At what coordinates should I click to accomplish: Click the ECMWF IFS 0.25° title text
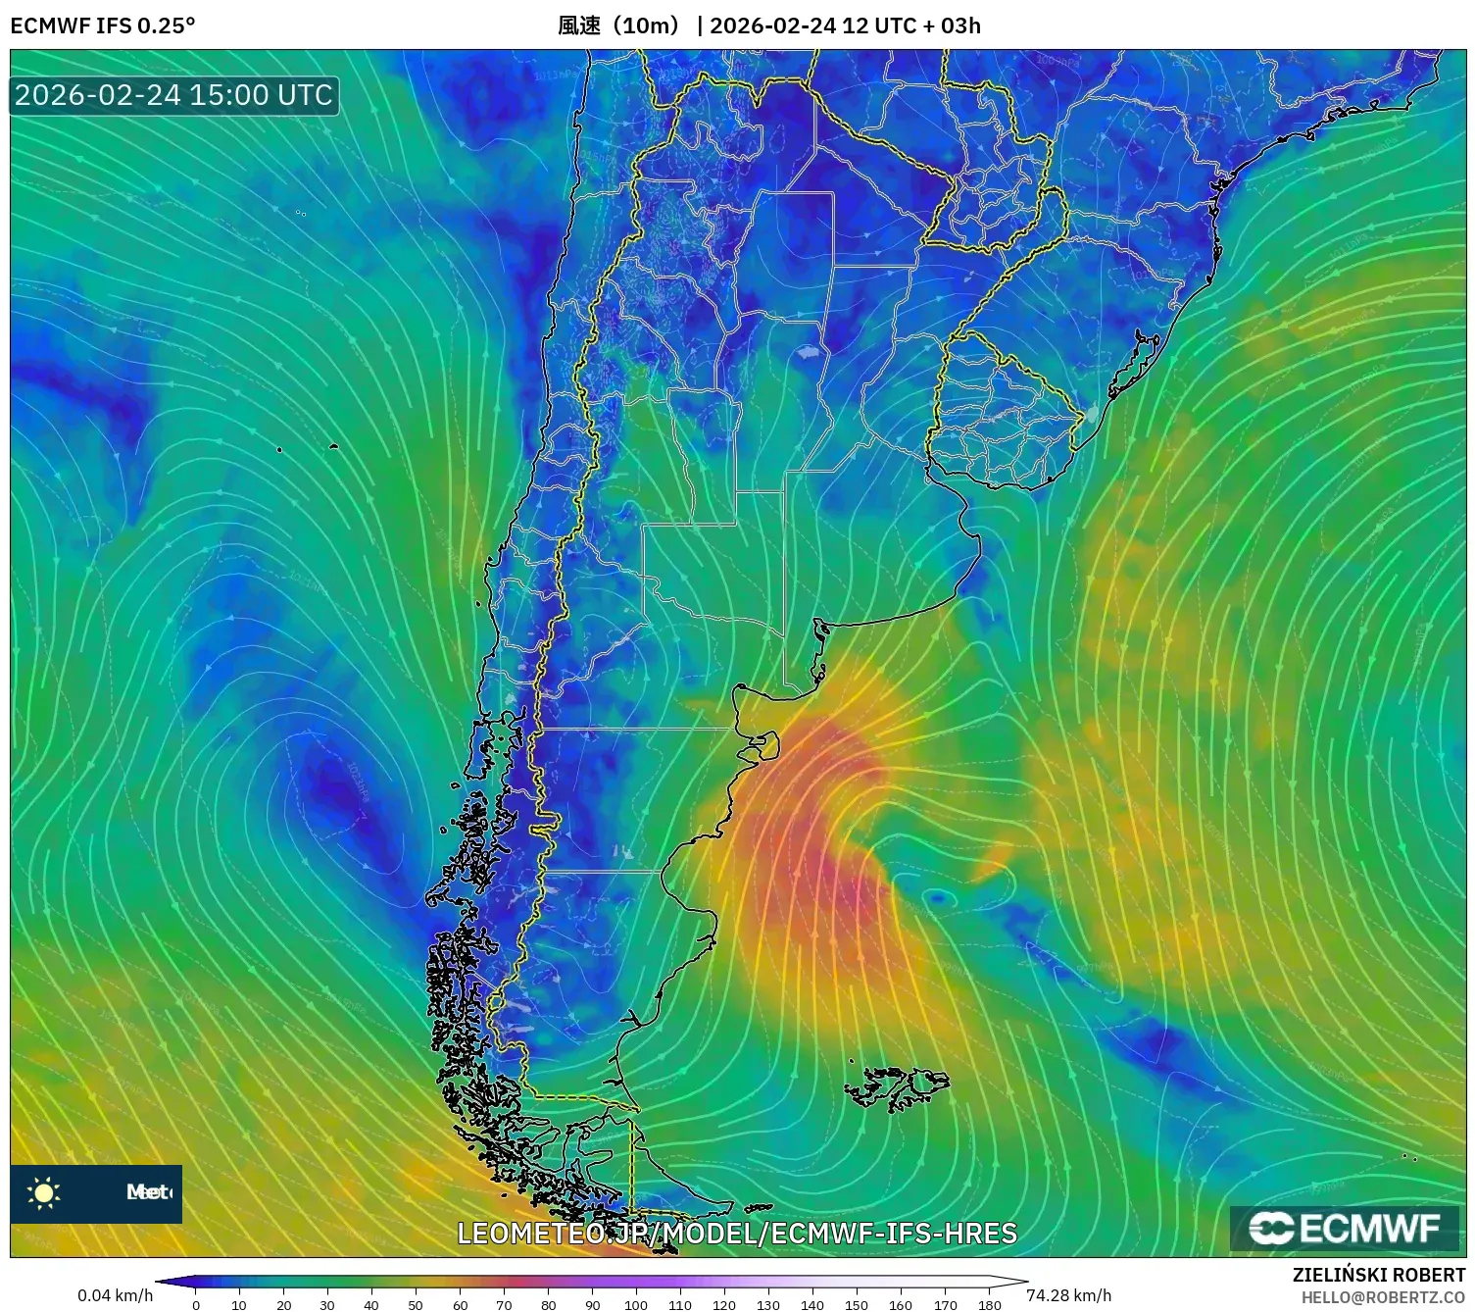coord(103,25)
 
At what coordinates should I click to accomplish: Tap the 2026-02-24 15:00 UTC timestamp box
coord(173,95)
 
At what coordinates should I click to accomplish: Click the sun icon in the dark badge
coord(44,1192)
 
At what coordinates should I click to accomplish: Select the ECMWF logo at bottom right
coord(1345,1229)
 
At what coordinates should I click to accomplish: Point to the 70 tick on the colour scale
coord(504,1304)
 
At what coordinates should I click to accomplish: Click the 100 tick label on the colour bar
coord(636,1304)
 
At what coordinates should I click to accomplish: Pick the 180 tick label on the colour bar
coord(990,1304)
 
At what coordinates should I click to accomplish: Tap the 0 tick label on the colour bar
coord(196,1304)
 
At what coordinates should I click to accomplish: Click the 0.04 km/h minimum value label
coord(115,1295)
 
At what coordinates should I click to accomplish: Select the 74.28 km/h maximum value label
coord(1069,1295)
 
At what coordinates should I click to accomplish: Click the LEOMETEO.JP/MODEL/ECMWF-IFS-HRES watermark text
coord(737,1233)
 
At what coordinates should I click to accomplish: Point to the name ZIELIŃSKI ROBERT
coord(1379,1275)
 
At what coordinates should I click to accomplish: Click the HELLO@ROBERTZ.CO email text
coord(1383,1297)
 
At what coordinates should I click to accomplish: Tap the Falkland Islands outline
coord(898,1086)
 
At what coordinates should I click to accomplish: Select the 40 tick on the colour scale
coord(371,1304)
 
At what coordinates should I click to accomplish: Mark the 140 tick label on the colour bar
coord(812,1304)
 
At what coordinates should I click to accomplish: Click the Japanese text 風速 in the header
coord(579,25)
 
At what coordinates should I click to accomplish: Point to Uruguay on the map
coord(1000,412)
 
